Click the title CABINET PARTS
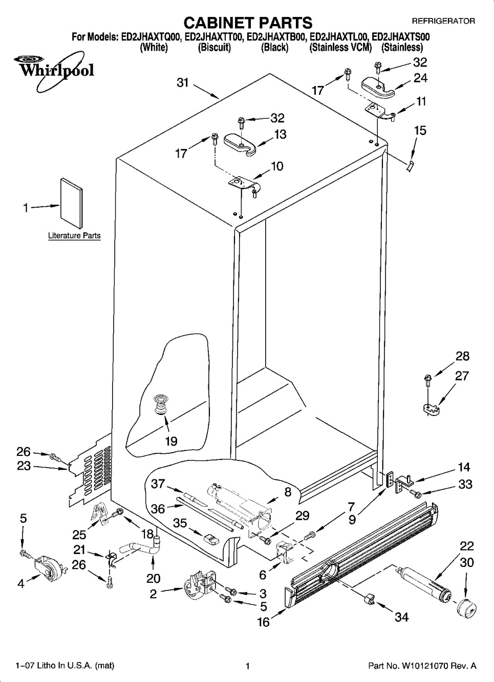[247, 23]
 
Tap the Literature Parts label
[74, 236]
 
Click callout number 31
[183, 82]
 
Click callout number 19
[170, 441]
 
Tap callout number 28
[462, 356]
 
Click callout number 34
[402, 617]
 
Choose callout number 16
[263, 622]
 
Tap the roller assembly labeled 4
[49, 567]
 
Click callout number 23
[24, 466]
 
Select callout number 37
[158, 483]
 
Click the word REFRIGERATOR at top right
[443, 21]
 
